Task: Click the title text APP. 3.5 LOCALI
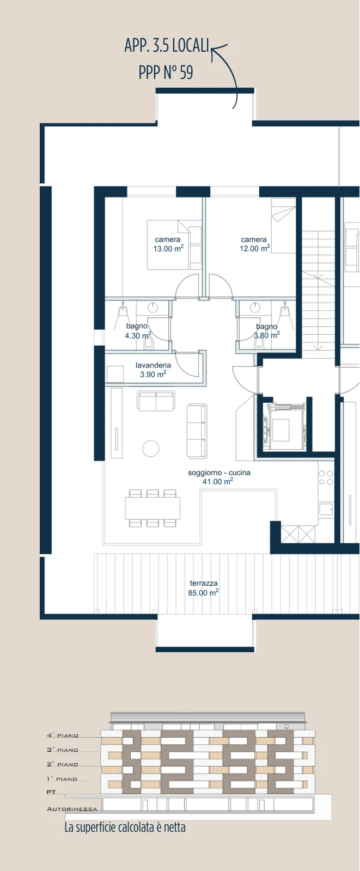coord(167,46)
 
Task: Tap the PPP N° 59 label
coord(166,72)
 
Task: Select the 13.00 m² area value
coord(168,248)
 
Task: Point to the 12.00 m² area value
coord(254,248)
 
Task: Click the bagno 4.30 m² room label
coord(138,330)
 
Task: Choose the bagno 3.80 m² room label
coord(266,330)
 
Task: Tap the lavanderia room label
coord(153,365)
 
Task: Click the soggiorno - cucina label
coord(219,473)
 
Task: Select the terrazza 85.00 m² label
coord(203,588)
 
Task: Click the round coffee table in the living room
coord(151,449)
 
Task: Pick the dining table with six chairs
coord(152,508)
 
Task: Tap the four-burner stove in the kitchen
coord(326,477)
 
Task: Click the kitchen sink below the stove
coord(326,509)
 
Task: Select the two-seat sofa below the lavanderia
coord(155,401)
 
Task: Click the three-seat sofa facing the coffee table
coord(197,431)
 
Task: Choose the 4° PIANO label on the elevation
coord(63,735)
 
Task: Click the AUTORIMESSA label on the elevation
coord(72,809)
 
